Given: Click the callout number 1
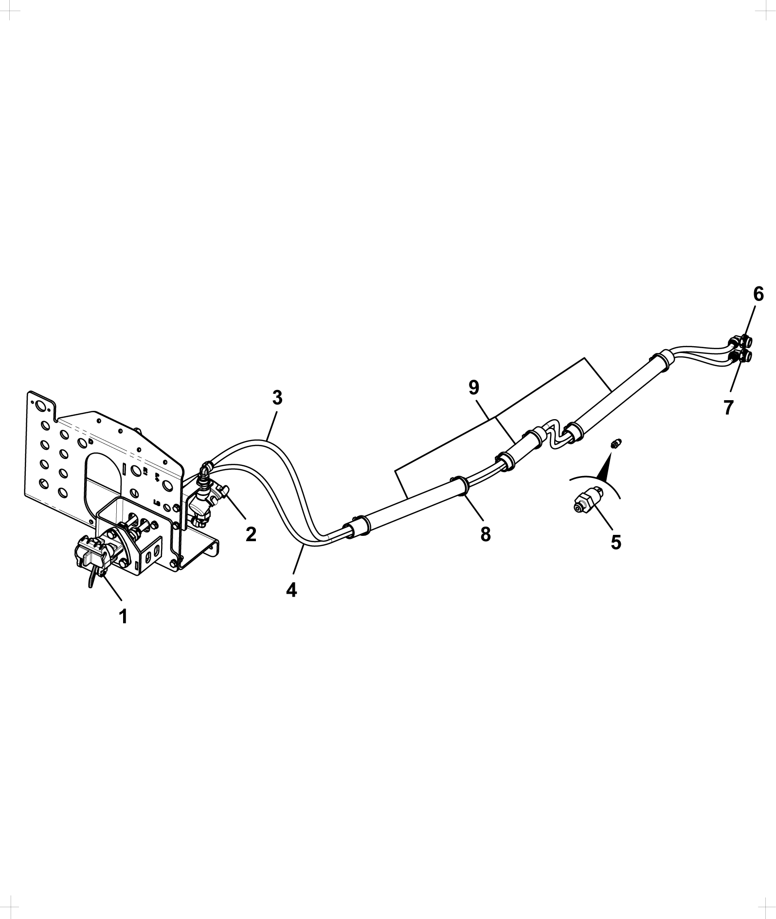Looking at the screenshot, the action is (124, 616).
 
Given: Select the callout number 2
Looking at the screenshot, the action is (251, 534).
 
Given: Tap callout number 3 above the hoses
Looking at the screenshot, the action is (277, 398).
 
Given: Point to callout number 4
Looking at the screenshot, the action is (291, 590).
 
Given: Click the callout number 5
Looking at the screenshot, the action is (616, 542).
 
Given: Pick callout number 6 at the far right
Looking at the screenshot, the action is (758, 294).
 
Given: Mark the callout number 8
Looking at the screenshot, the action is (485, 534).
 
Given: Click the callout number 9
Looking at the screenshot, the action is (474, 388).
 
